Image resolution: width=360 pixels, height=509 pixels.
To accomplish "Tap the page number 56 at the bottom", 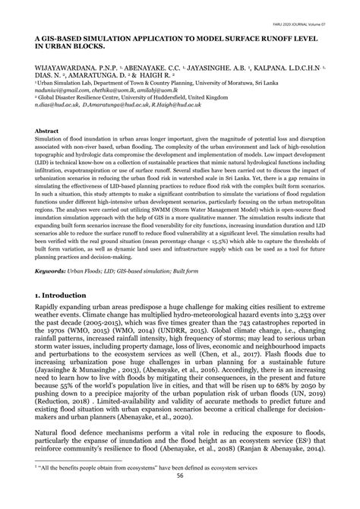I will pos(180,498).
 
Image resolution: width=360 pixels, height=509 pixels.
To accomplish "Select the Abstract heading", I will pos(46,131).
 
